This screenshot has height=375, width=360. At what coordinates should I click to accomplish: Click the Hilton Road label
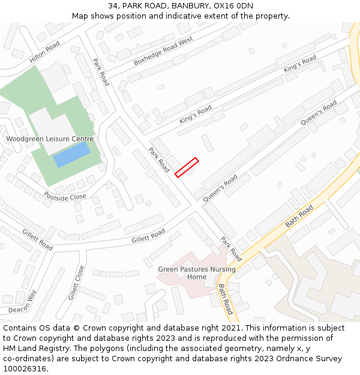pos(44,52)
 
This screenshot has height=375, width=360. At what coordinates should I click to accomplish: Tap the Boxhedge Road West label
pos(163,52)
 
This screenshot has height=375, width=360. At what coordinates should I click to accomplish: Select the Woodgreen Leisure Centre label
pos(50,139)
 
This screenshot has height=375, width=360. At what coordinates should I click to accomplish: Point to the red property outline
pos(187,167)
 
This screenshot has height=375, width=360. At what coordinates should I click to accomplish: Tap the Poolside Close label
pos(65,197)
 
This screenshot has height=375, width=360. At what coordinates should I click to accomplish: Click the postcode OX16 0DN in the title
pos(232,6)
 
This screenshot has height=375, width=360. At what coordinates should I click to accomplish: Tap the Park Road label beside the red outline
pos(159,160)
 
